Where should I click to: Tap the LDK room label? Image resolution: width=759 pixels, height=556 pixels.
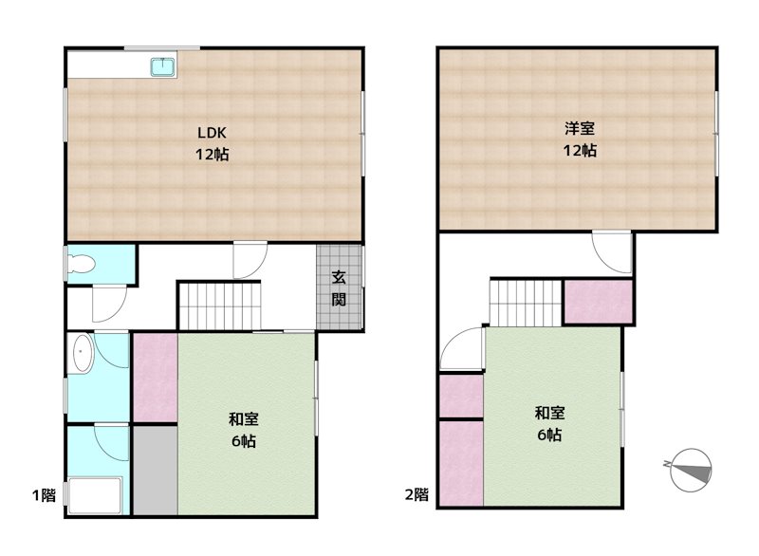tap(211, 133)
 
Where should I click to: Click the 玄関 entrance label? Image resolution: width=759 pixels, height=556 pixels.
tap(339, 288)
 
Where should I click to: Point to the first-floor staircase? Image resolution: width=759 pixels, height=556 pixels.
tap(218, 306)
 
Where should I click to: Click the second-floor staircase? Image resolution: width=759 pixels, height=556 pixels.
tap(526, 302)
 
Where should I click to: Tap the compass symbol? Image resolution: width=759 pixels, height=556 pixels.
tap(690, 468)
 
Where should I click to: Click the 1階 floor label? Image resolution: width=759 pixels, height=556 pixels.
tap(44, 494)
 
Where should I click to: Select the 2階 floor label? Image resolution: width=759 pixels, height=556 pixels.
tap(417, 494)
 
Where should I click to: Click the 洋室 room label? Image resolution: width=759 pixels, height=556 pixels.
tap(580, 129)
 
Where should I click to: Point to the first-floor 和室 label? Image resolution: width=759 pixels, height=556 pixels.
tap(244, 418)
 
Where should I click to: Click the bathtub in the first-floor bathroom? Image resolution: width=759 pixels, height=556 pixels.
tap(93, 495)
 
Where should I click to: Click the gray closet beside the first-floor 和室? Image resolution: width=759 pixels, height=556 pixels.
tap(155, 470)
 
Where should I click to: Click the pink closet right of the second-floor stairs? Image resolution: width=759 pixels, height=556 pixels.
tap(598, 303)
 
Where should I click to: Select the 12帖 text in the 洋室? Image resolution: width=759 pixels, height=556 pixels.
tap(580, 150)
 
